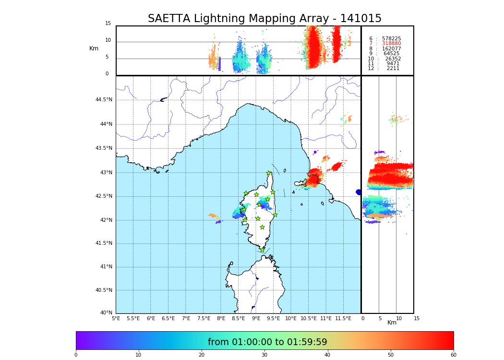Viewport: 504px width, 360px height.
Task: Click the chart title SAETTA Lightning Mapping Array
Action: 264,19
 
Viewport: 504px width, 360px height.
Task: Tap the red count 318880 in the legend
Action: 391,44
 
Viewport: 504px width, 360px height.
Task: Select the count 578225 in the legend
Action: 391,39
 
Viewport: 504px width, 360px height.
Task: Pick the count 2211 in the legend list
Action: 393,69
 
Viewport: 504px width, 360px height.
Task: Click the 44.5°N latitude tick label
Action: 104,100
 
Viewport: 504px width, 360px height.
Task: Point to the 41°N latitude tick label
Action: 105,267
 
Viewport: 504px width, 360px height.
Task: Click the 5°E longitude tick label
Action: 116,318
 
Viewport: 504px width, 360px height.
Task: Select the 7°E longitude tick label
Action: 186,318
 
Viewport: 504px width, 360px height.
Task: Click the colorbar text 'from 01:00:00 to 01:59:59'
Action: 267,342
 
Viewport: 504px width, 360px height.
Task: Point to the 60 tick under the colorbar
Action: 453,355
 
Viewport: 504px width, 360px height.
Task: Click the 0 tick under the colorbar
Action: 76,355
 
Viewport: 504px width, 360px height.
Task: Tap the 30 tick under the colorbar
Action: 264,355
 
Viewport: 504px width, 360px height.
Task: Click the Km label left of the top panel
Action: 94,48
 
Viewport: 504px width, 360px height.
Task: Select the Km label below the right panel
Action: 392,323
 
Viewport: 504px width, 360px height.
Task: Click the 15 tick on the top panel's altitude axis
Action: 108,24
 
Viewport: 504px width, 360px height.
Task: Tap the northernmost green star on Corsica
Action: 269,173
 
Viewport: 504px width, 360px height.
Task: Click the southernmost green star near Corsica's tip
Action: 262,250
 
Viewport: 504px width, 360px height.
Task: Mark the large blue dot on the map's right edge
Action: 359,192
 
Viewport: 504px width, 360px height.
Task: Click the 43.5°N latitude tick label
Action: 104,148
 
